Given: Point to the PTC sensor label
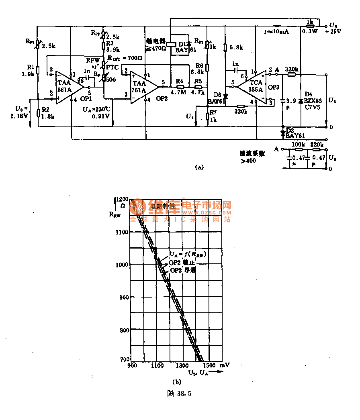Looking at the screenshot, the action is click(x=113, y=67).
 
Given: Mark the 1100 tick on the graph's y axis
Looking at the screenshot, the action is click(x=121, y=232).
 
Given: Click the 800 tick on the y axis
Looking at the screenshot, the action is click(x=122, y=330).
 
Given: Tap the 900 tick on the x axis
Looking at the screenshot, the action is click(x=131, y=366).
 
